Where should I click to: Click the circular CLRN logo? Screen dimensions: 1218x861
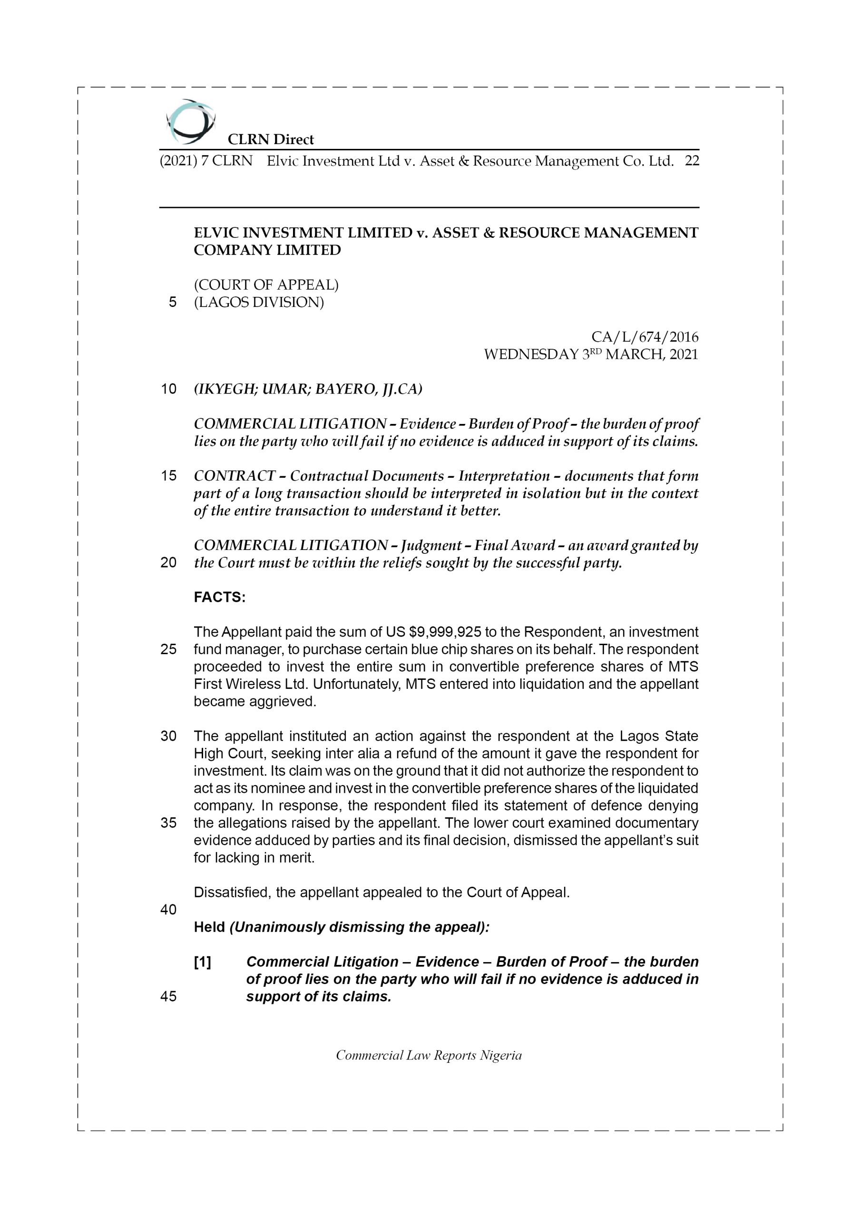click(190, 122)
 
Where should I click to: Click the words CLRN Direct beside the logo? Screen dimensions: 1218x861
click(271, 139)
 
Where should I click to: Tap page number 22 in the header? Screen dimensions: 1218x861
click(692, 161)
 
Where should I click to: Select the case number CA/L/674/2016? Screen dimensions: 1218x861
click(645, 337)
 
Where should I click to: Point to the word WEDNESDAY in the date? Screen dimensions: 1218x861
click(531, 354)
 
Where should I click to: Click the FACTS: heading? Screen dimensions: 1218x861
click(220, 597)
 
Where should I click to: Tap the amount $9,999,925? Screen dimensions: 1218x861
click(445, 632)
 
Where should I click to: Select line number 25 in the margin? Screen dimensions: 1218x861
click(168, 649)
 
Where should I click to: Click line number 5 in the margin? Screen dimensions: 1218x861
click(172, 303)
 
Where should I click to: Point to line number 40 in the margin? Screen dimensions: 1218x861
click(168, 910)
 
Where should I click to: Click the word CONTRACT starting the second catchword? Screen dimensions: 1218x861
click(235, 476)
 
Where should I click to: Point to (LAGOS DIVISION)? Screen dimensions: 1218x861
click(258, 303)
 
